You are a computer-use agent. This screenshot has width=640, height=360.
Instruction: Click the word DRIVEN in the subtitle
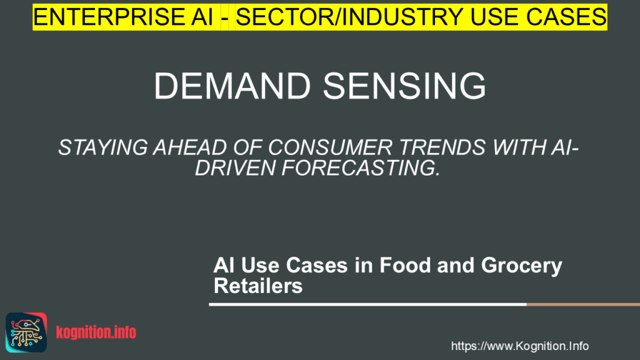click(x=232, y=168)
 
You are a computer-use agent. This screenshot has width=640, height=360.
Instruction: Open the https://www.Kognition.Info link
click(x=519, y=346)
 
